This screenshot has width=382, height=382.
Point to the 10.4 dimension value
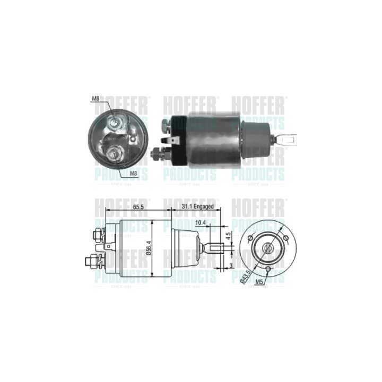(200, 223)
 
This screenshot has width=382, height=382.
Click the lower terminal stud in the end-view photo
(114, 154)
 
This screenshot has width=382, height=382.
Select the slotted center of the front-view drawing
(268, 247)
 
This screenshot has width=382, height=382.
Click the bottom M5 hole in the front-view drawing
(268, 270)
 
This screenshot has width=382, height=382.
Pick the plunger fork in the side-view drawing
(212, 248)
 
